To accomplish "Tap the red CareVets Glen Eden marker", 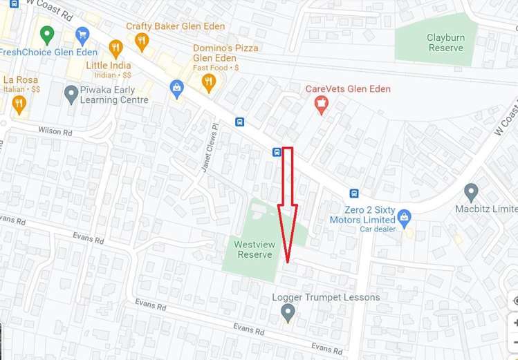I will pos(320,104).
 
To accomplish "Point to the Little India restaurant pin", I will pos(115,48).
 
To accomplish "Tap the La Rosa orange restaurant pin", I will pos(19,104).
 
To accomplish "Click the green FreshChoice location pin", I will pos(47,33).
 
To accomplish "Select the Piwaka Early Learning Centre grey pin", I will pos(71,93).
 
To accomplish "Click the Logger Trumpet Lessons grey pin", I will pos(288,313).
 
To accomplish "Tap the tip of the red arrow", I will pos(288,261).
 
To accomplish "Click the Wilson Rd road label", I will pos(55,131).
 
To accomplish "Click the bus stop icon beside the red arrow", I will pos(277,152).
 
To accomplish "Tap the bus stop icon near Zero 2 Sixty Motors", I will pos(354,193).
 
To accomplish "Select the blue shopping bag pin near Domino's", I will pos(177,88).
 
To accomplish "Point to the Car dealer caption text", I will pos(378,229).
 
